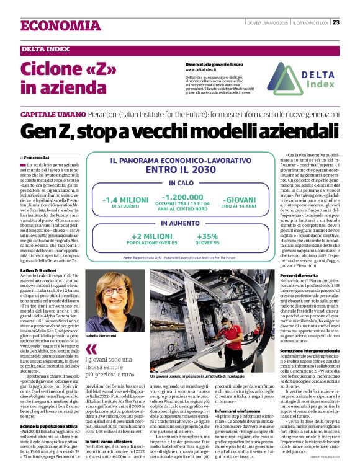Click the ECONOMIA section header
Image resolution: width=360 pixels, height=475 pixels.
60,25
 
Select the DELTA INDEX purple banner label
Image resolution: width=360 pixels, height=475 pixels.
46,49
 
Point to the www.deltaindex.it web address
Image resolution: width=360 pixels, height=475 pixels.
205,69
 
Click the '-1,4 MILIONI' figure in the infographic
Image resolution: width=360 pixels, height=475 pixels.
125,200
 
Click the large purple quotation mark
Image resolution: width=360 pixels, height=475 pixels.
91,349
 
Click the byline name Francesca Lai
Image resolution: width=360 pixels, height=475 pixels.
41,158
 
